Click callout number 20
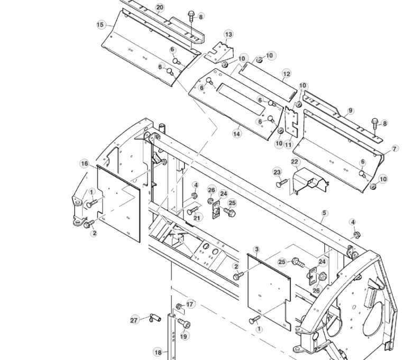(x=160, y=7)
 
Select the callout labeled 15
(x=100, y=24)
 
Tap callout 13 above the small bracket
(x=228, y=34)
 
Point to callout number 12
(x=286, y=74)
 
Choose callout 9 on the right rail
(x=350, y=111)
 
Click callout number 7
(x=395, y=150)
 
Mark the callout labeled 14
(x=236, y=134)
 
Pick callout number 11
(x=288, y=144)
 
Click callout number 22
(x=295, y=161)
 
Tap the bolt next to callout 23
(x=281, y=183)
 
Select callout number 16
(x=85, y=164)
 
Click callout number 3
(x=256, y=248)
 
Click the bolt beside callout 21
(x=192, y=211)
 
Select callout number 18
(x=158, y=352)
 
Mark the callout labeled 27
(x=134, y=320)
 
